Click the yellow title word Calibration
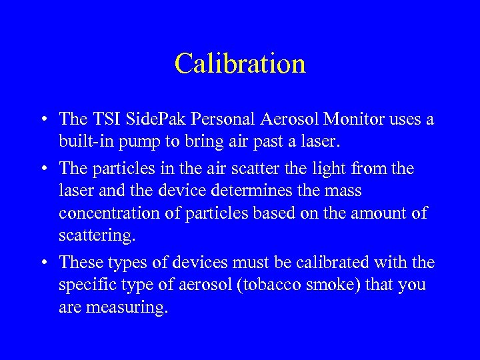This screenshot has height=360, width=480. [240, 63]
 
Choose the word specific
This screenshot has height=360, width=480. [83, 285]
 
